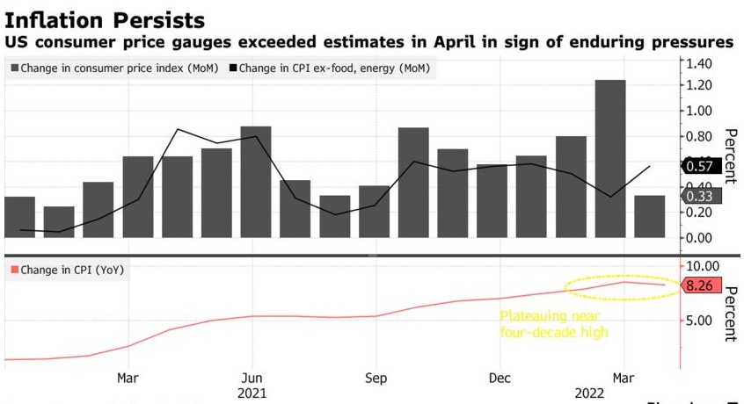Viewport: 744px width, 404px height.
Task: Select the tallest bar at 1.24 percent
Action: click(609, 158)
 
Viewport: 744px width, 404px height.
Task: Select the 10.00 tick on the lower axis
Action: click(704, 266)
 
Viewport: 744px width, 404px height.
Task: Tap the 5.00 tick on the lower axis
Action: click(704, 321)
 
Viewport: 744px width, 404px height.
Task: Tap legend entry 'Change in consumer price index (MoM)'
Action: click(114, 68)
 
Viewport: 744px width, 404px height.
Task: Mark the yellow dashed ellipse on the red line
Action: click(622, 286)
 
